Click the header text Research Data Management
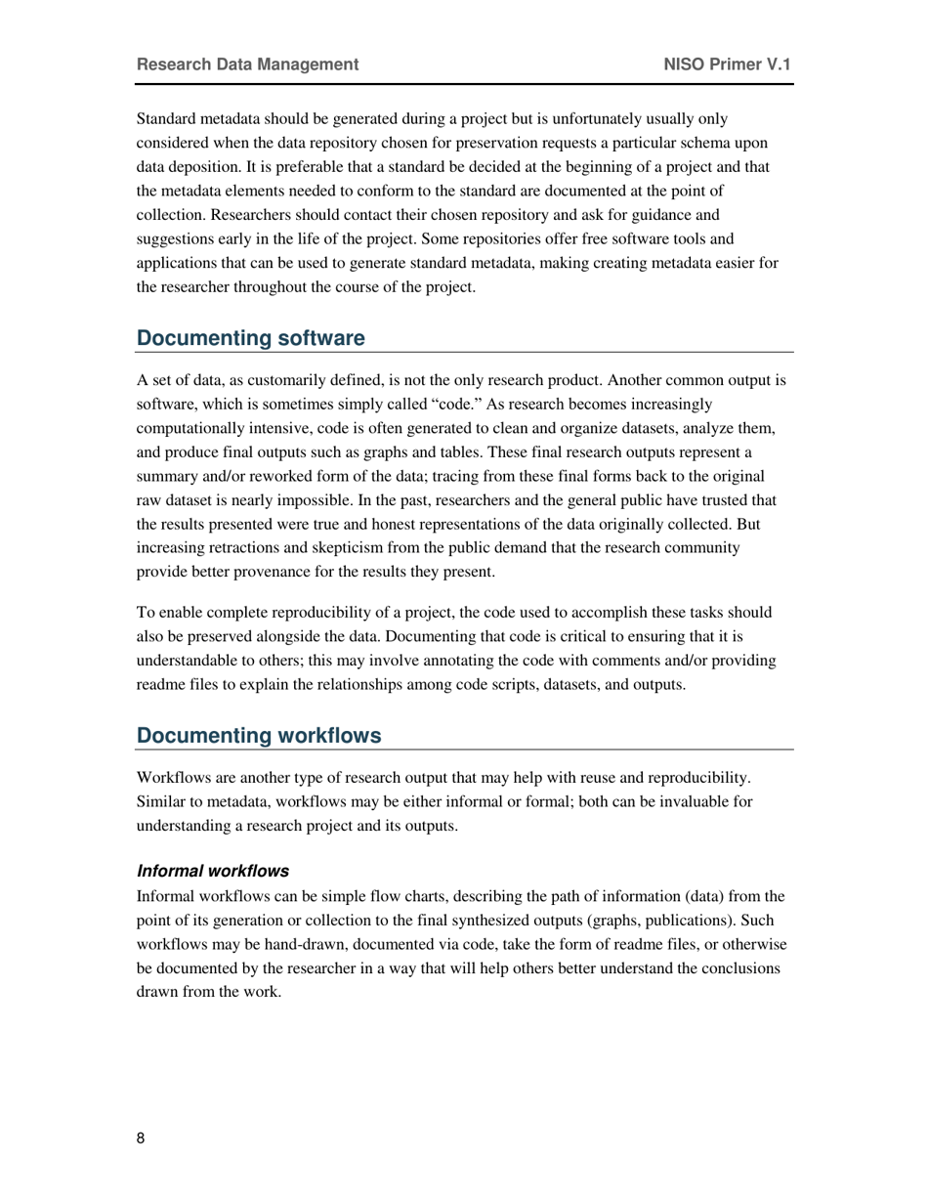(x=247, y=64)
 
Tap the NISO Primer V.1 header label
(x=727, y=64)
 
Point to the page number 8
(x=141, y=1138)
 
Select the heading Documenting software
(x=250, y=338)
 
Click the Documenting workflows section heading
(x=259, y=736)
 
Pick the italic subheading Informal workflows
(x=212, y=871)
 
